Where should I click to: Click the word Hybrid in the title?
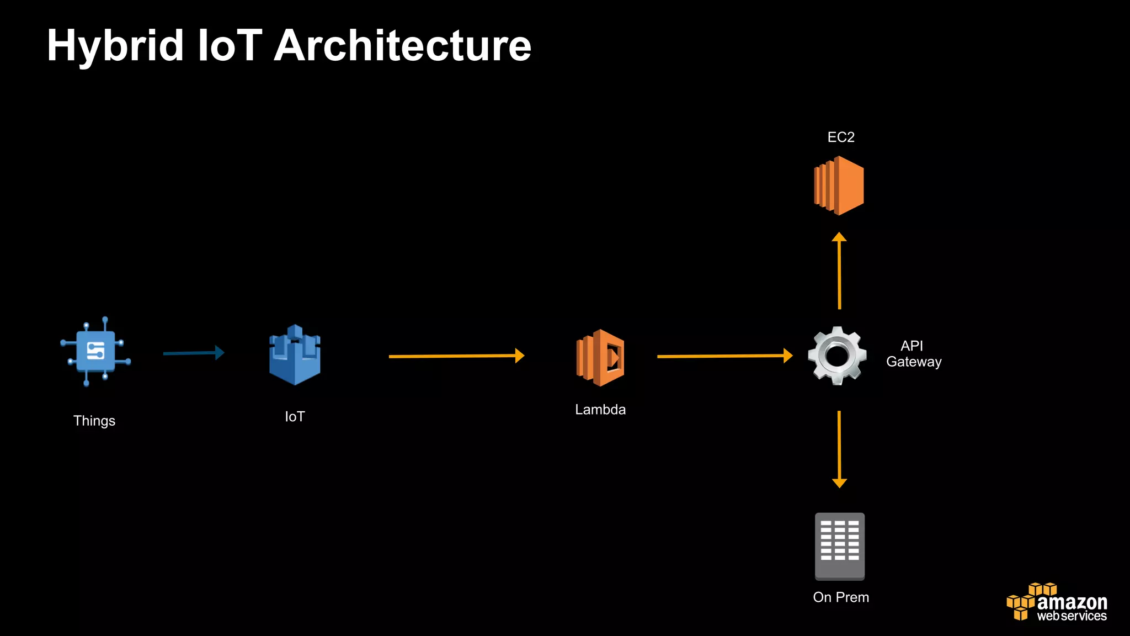(115, 46)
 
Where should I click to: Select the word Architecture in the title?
(402, 46)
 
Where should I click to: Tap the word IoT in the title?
(230, 46)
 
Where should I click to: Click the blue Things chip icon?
(95, 352)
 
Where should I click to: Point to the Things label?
(94, 421)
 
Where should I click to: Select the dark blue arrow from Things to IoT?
(193, 353)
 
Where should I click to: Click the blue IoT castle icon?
(295, 355)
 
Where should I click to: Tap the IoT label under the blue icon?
(295, 417)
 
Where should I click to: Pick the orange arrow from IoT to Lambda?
(456, 356)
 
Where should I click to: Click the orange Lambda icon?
(600, 358)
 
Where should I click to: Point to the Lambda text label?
(600, 410)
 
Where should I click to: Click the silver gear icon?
(837, 356)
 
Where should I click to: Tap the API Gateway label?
(913, 354)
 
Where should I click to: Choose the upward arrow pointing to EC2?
(839, 271)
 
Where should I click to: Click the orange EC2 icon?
(839, 185)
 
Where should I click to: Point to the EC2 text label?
(841, 137)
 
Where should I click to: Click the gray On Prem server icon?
(840, 546)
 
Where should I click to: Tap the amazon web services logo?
(1057, 602)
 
